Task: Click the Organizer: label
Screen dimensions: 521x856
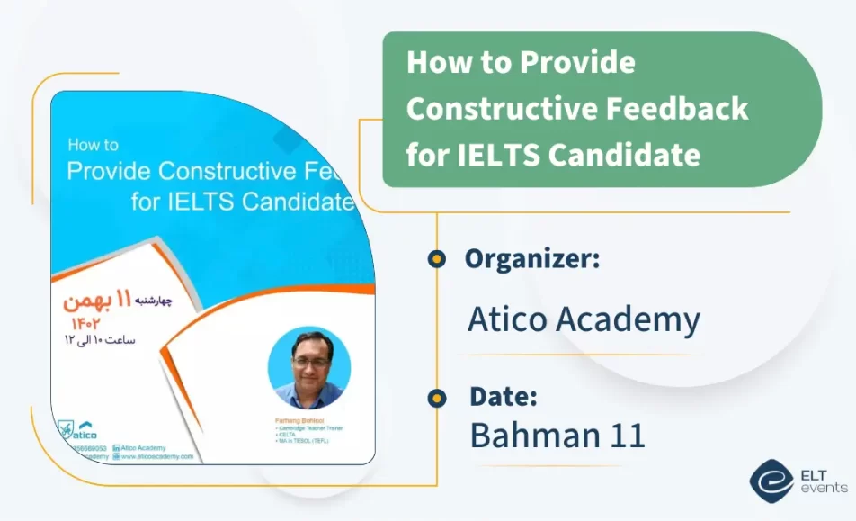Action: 532,259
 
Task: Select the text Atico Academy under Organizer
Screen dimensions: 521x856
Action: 584,319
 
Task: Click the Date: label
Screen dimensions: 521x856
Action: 504,396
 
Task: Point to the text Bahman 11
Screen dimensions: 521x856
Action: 557,436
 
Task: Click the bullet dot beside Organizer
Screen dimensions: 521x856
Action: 437,259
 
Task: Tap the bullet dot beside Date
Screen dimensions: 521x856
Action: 437,397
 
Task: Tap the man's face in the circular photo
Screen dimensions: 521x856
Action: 308,363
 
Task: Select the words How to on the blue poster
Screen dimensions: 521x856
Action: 94,145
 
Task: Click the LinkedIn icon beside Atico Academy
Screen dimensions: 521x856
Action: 117,446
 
